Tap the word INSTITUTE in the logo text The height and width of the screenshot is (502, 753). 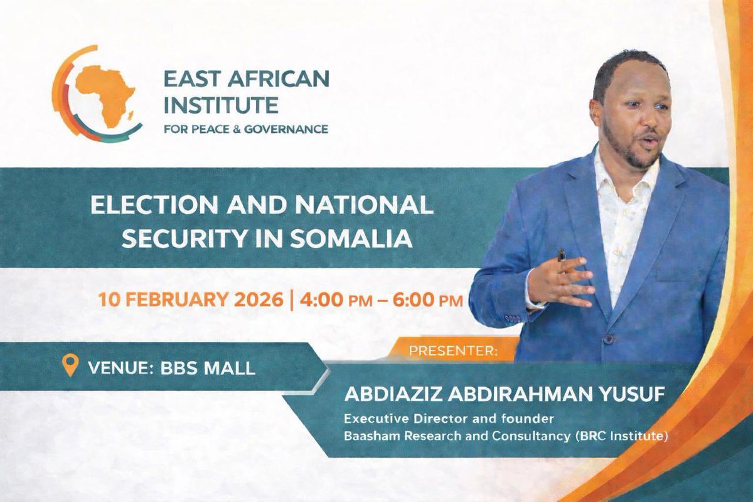click(220, 104)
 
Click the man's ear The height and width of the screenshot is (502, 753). click(596, 112)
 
